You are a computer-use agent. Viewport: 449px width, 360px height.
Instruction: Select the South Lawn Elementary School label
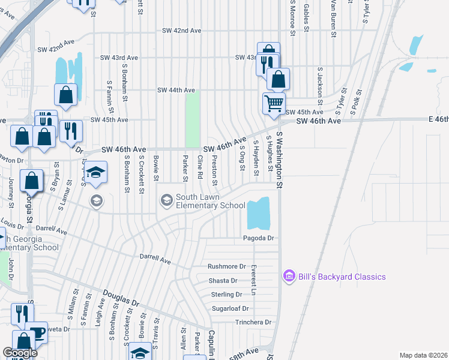[210, 201]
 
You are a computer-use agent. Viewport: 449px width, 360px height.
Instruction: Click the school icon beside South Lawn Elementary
[166, 199]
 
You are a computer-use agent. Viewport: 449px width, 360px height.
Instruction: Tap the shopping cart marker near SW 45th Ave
[274, 103]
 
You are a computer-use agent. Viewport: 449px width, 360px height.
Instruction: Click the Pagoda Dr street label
[258, 238]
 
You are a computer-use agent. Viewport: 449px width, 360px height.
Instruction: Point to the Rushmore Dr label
[227, 266]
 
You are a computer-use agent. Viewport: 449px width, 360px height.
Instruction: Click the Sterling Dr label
[226, 295]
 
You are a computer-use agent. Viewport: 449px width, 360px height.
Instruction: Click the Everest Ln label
[254, 280]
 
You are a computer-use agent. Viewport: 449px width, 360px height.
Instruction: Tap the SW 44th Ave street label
[176, 90]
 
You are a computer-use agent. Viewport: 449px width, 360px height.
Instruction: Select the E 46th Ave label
[430, 120]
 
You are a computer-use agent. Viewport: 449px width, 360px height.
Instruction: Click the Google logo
[20, 353]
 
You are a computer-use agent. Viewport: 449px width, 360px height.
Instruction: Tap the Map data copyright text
[423, 355]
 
